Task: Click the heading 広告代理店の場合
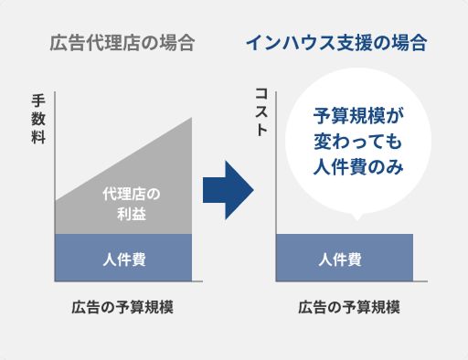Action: tap(123, 43)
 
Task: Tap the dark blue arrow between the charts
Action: tap(226, 189)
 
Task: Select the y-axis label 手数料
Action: tap(37, 118)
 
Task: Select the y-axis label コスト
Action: tap(261, 111)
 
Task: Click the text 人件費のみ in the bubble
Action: tap(357, 168)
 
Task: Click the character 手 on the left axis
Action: tap(37, 101)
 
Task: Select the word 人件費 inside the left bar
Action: tap(123, 259)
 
